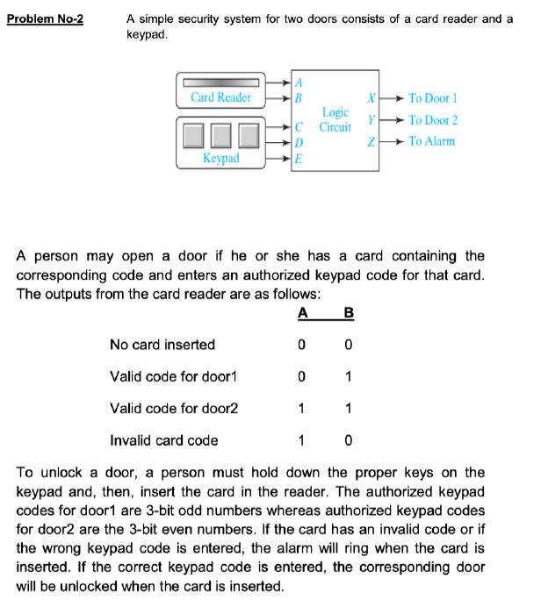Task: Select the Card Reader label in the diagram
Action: (x=221, y=97)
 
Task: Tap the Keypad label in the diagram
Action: (x=220, y=158)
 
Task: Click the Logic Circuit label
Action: (x=335, y=120)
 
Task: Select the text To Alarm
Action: (x=431, y=141)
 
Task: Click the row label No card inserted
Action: (x=162, y=346)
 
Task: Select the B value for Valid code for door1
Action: (x=349, y=377)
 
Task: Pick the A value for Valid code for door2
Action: (x=303, y=409)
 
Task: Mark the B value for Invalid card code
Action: (x=349, y=440)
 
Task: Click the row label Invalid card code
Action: (x=163, y=440)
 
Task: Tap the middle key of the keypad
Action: (x=221, y=134)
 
